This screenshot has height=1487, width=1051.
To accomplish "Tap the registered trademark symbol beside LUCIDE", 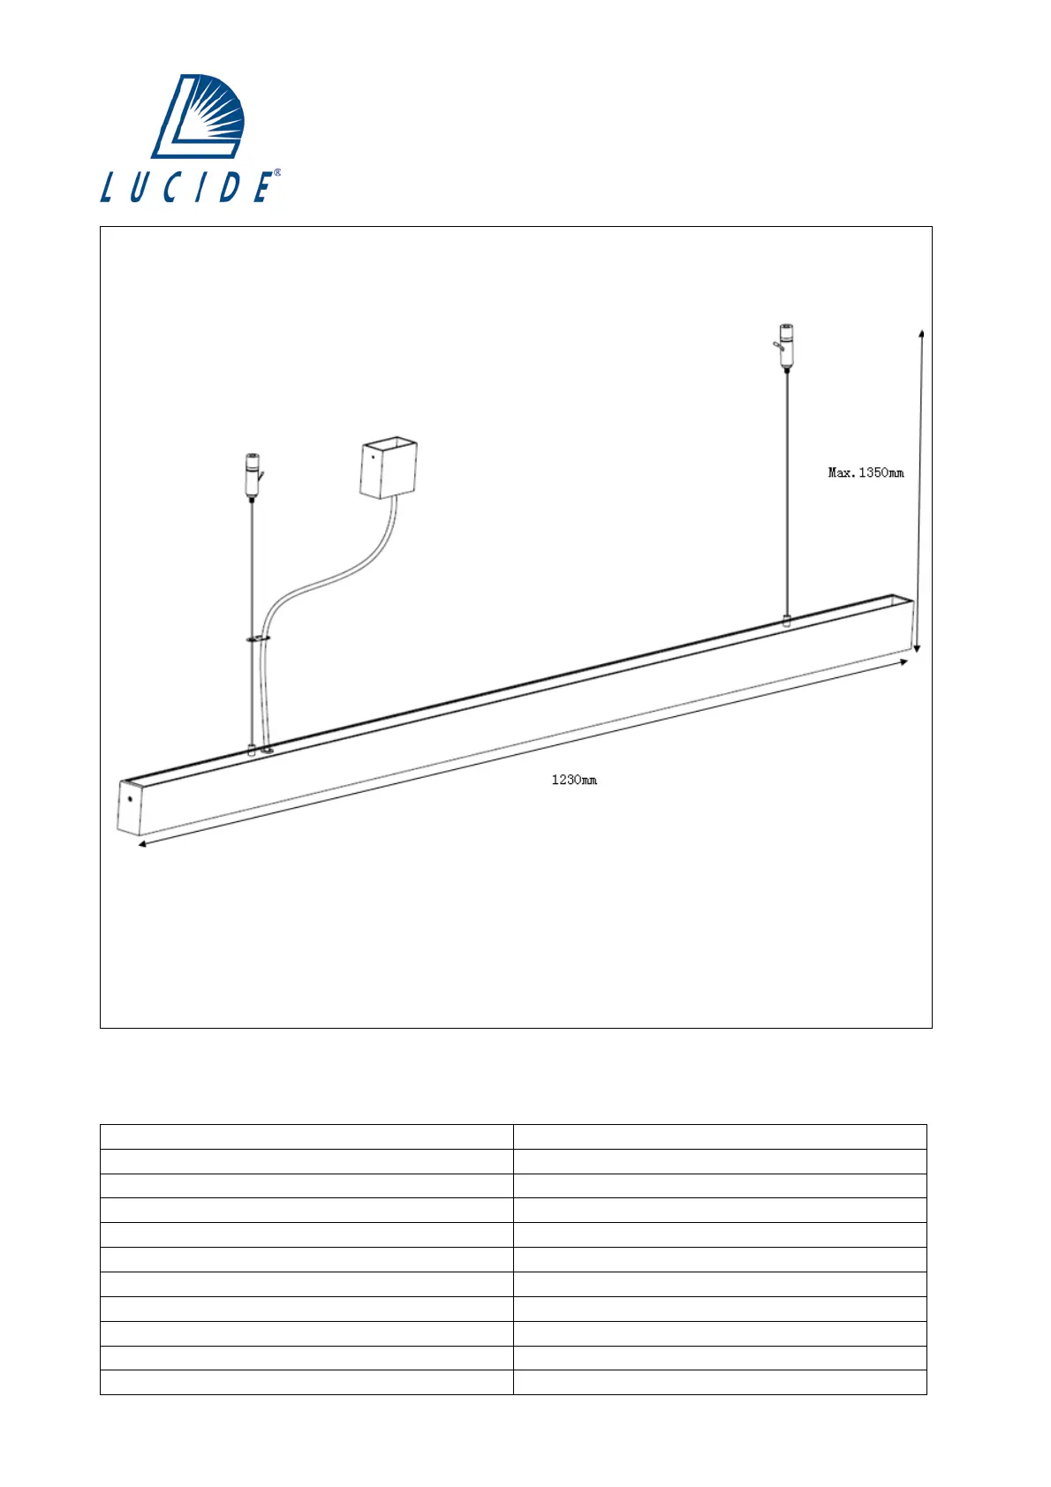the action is pos(277,173).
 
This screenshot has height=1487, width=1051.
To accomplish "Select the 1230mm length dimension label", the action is pos(574,780).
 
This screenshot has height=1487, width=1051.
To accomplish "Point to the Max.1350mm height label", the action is pos(866,472).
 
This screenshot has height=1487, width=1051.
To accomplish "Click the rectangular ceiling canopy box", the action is pos(388,468).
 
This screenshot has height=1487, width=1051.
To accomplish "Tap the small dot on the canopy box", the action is pos(374,457).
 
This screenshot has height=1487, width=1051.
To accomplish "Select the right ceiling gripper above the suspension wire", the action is pos(785,344).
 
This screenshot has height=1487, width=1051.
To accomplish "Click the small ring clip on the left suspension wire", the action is pos(258,637).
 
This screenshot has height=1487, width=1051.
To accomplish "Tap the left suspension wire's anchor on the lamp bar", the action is pos(253,751).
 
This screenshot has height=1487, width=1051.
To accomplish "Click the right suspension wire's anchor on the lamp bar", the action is pos(786,620).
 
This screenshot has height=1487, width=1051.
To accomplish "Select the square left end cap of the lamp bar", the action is pos(130,806).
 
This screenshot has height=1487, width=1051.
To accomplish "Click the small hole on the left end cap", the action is pos(130,799).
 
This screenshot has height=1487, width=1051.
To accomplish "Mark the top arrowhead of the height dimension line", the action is pos(921,334).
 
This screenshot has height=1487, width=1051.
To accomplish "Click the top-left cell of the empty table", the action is pos(306,1136).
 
